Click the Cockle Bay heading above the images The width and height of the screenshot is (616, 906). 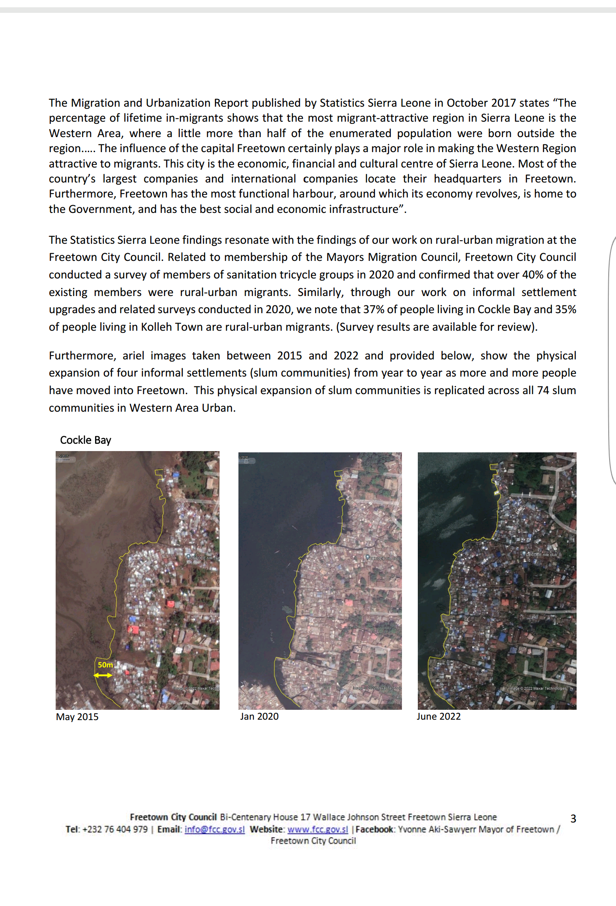click(86, 440)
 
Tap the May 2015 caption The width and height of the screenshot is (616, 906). click(77, 717)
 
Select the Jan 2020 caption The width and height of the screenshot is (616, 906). click(259, 716)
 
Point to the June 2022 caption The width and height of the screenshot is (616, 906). click(438, 716)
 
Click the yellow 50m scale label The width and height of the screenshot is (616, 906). click(105, 665)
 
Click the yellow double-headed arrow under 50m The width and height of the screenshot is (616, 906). click(103, 675)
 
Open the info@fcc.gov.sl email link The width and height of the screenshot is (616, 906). click(214, 829)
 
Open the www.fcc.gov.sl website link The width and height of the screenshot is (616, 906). click(318, 829)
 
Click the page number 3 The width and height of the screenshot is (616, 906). click(573, 819)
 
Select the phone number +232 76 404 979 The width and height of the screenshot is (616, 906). click(115, 829)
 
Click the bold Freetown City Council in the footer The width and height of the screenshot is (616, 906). click(173, 817)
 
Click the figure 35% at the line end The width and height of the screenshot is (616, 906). click(565, 309)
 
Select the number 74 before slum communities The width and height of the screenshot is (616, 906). click(543, 390)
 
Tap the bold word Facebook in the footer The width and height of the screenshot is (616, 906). click(374, 829)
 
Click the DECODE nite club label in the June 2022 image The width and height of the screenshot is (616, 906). click(541, 554)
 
